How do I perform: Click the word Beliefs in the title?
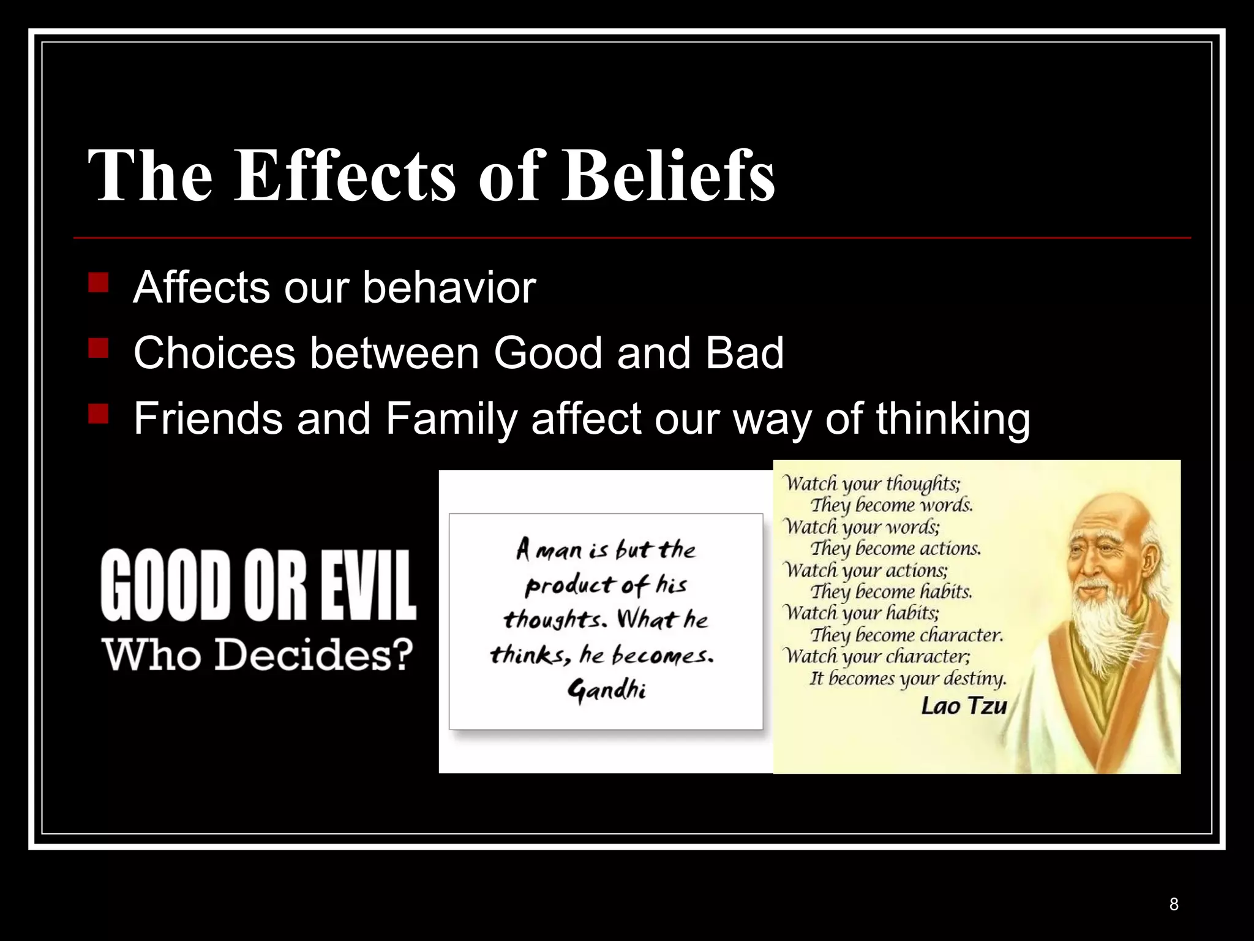669,176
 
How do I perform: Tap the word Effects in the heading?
345,176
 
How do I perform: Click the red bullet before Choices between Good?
98,349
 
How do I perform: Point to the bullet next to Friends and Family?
98,415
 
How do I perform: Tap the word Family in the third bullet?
451,420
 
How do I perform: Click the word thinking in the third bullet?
953,420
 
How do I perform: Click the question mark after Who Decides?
401,654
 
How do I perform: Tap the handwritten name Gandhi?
606,691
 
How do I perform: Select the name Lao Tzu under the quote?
964,706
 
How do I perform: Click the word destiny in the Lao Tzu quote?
974,679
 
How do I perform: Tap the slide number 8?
1174,904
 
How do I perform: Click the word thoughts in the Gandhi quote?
554,620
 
